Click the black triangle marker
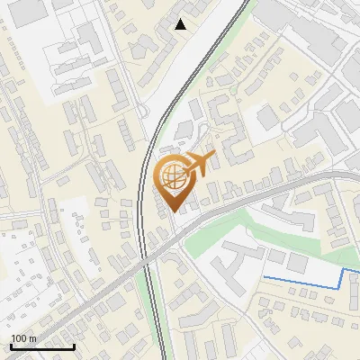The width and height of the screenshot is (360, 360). tap(181, 24)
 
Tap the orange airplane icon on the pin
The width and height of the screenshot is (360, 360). tap(200, 166)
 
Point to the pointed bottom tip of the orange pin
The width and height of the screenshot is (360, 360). tap(173, 211)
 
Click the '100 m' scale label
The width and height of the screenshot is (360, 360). tap(24, 337)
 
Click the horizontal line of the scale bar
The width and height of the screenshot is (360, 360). tap(41, 346)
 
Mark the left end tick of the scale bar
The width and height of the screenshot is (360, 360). tap(10, 345)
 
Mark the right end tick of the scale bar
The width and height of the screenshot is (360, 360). tap(74, 345)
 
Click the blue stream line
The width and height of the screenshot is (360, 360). tap(306, 283)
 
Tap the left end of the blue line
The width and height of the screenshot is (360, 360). tap(264, 276)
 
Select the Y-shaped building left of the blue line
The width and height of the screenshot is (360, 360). tap(231, 256)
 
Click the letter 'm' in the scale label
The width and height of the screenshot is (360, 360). tap(31, 337)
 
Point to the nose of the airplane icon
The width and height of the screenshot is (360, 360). tap(215, 158)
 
